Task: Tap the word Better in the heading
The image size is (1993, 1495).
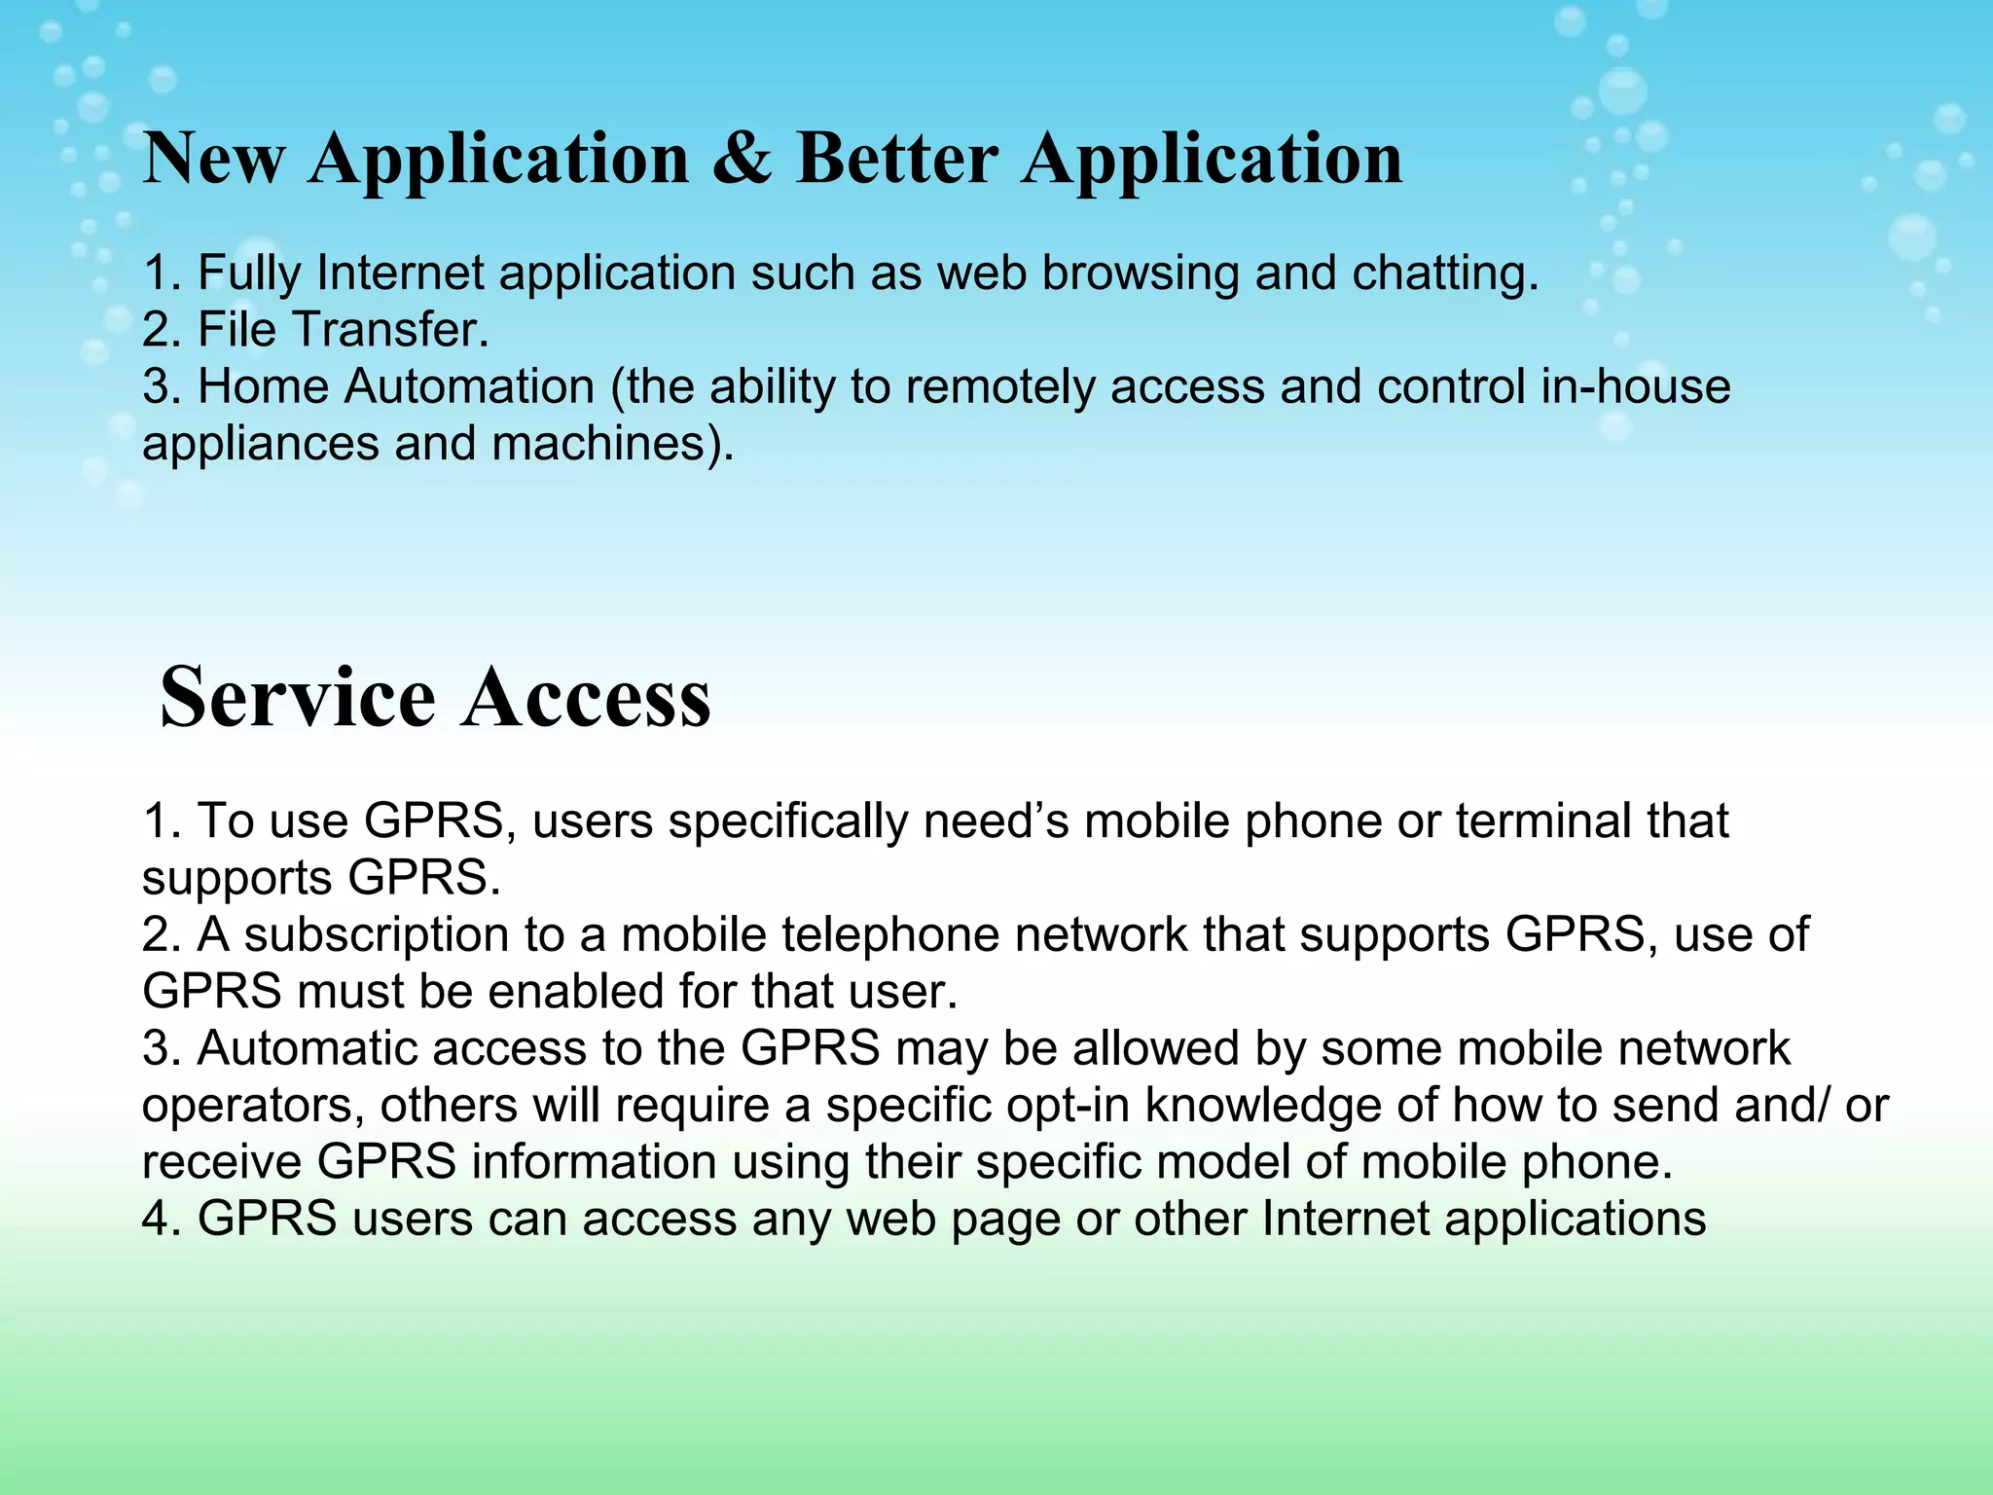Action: click(897, 158)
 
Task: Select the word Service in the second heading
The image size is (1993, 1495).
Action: click(297, 697)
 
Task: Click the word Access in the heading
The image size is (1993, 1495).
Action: click(587, 697)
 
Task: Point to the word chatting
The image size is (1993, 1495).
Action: click(1445, 273)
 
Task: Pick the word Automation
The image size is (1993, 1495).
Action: click(469, 386)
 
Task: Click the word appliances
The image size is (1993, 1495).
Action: click(261, 445)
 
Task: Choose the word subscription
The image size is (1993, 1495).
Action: click(377, 935)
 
